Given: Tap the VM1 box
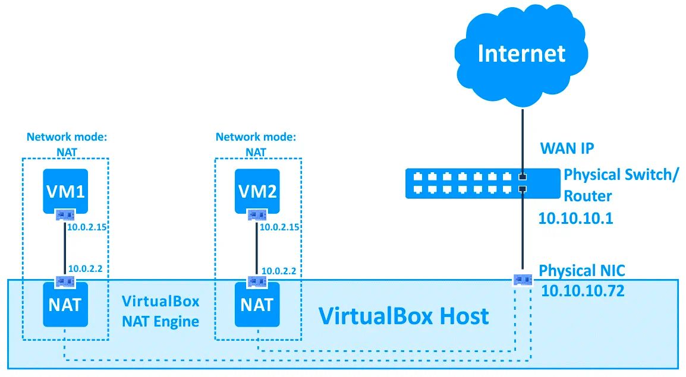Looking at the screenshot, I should pyautogui.click(x=65, y=191).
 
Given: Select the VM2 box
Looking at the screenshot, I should pyautogui.click(x=257, y=191).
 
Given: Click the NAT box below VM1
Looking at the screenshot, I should pyautogui.click(x=65, y=305).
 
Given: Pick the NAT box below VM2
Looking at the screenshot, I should pyautogui.click(x=257, y=305).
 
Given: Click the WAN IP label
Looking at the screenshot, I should pyautogui.click(x=567, y=148).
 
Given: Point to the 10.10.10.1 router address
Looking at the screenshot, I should pyautogui.click(x=575, y=218).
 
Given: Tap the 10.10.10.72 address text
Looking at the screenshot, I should pyautogui.click(x=583, y=292).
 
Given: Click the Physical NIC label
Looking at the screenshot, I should pyautogui.click(x=581, y=271).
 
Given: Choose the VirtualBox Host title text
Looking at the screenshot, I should pyautogui.click(x=404, y=316).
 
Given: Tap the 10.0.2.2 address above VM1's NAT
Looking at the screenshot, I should pyautogui.click(x=86, y=268).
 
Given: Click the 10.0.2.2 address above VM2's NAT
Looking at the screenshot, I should pyautogui.click(x=279, y=271).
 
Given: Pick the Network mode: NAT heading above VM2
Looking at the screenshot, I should pyautogui.click(x=256, y=144).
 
